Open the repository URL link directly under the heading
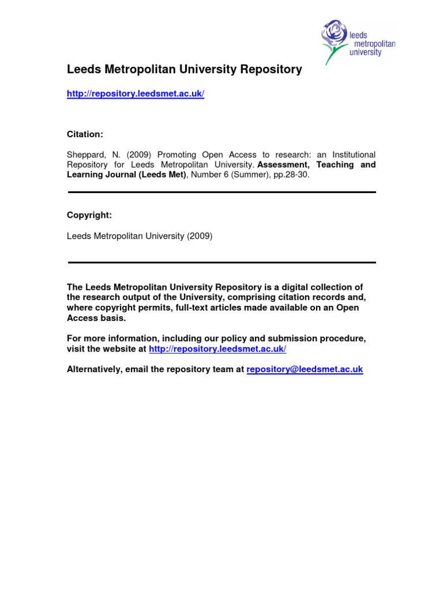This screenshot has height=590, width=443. click(136, 94)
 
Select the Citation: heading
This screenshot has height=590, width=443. click(85, 134)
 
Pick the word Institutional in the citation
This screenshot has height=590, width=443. click(351, 154)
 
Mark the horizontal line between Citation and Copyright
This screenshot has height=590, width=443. click(222, 192)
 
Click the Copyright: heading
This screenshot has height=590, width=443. click(89, 215)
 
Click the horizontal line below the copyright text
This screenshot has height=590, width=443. click(222, 262)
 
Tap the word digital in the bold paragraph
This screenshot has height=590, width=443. click(286, 287)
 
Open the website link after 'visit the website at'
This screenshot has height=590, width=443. click(217, 349)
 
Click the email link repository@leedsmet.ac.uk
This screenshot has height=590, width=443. click(305, 369)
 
